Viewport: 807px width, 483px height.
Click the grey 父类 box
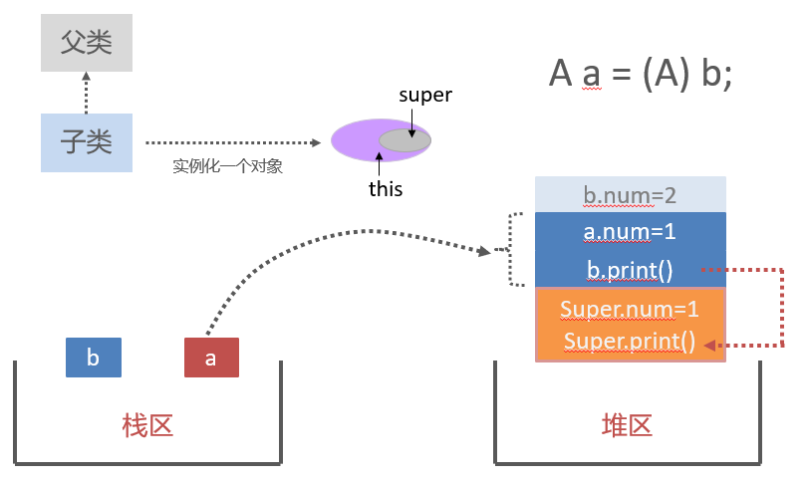[86, 42]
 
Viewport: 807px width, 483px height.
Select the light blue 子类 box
[86, 142]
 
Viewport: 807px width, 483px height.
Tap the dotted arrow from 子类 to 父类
[86, 93]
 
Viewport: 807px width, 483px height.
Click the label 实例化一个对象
[228, 166]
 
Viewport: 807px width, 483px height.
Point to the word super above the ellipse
[425, 96]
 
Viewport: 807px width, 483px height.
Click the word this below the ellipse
[386, 188]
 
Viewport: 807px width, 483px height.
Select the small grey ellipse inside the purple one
[404, 141]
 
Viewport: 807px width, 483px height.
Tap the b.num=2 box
[631, 195]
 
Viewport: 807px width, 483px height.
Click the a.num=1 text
[631, 232]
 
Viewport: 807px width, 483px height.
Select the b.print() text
[631, 269]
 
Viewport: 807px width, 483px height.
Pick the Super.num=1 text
[631, 309]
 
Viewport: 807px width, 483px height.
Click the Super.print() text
[631, 342]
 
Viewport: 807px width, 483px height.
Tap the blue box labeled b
[93, 359]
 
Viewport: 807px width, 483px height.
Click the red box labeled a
[211, 359]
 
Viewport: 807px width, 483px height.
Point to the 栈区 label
[147, 425]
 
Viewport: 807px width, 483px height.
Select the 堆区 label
[627, 425]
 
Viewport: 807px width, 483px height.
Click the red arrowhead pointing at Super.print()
[708, 345]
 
